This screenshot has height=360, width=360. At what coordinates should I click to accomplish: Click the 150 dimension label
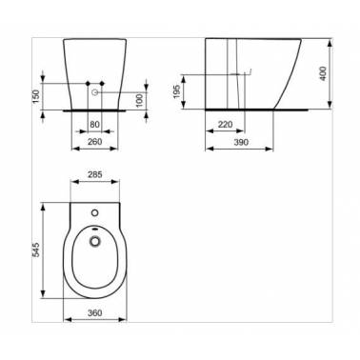point(36,96)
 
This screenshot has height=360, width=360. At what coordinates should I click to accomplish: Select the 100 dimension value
point(140,100)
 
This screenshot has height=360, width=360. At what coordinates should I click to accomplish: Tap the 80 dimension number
point(94,125)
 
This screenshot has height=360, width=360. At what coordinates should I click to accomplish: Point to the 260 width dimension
point(94,142)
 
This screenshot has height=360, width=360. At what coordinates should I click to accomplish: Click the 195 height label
point(177,91)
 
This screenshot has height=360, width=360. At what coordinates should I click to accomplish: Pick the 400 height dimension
point(323,73)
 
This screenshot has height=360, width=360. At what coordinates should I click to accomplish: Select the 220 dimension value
point(225,125)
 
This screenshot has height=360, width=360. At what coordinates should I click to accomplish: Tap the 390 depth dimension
point(241,142)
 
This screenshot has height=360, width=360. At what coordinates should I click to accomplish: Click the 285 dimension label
point(94,174)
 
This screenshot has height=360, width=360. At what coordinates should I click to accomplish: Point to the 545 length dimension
point(36,250)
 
